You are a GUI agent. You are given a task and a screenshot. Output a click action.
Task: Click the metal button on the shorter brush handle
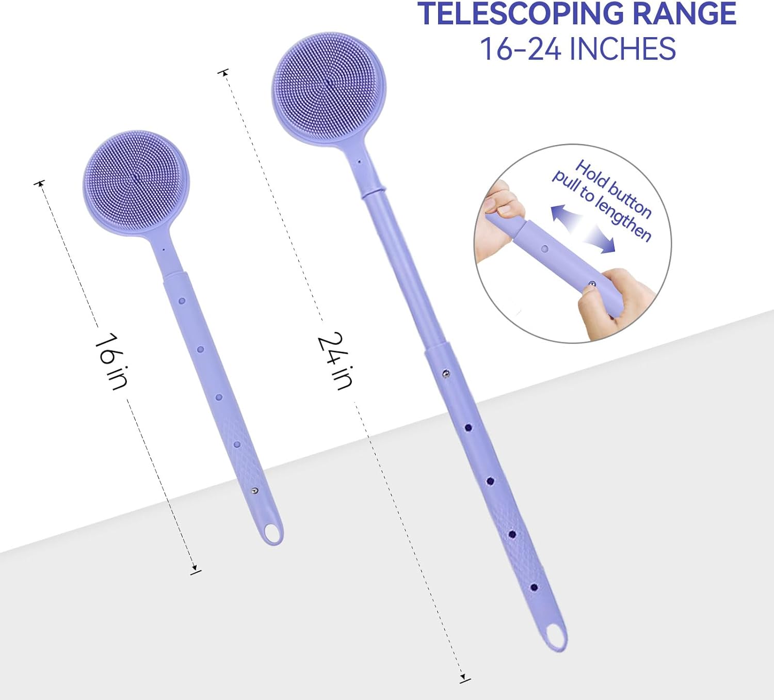click(x=254, y=490)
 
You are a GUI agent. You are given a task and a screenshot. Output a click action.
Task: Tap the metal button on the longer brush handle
click(x=445, y=373)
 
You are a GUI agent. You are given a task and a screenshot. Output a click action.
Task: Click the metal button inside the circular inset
click(x=592, y=284)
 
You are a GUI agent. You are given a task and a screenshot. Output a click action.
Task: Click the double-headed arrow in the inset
click(x=583, y=229)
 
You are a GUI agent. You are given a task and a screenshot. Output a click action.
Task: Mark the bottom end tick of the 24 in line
click(x=464, y=678)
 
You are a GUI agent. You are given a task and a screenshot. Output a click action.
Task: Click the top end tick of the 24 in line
click(x=223, y=72)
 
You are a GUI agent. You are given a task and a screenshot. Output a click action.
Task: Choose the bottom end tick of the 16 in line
click(x=195, y=570)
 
